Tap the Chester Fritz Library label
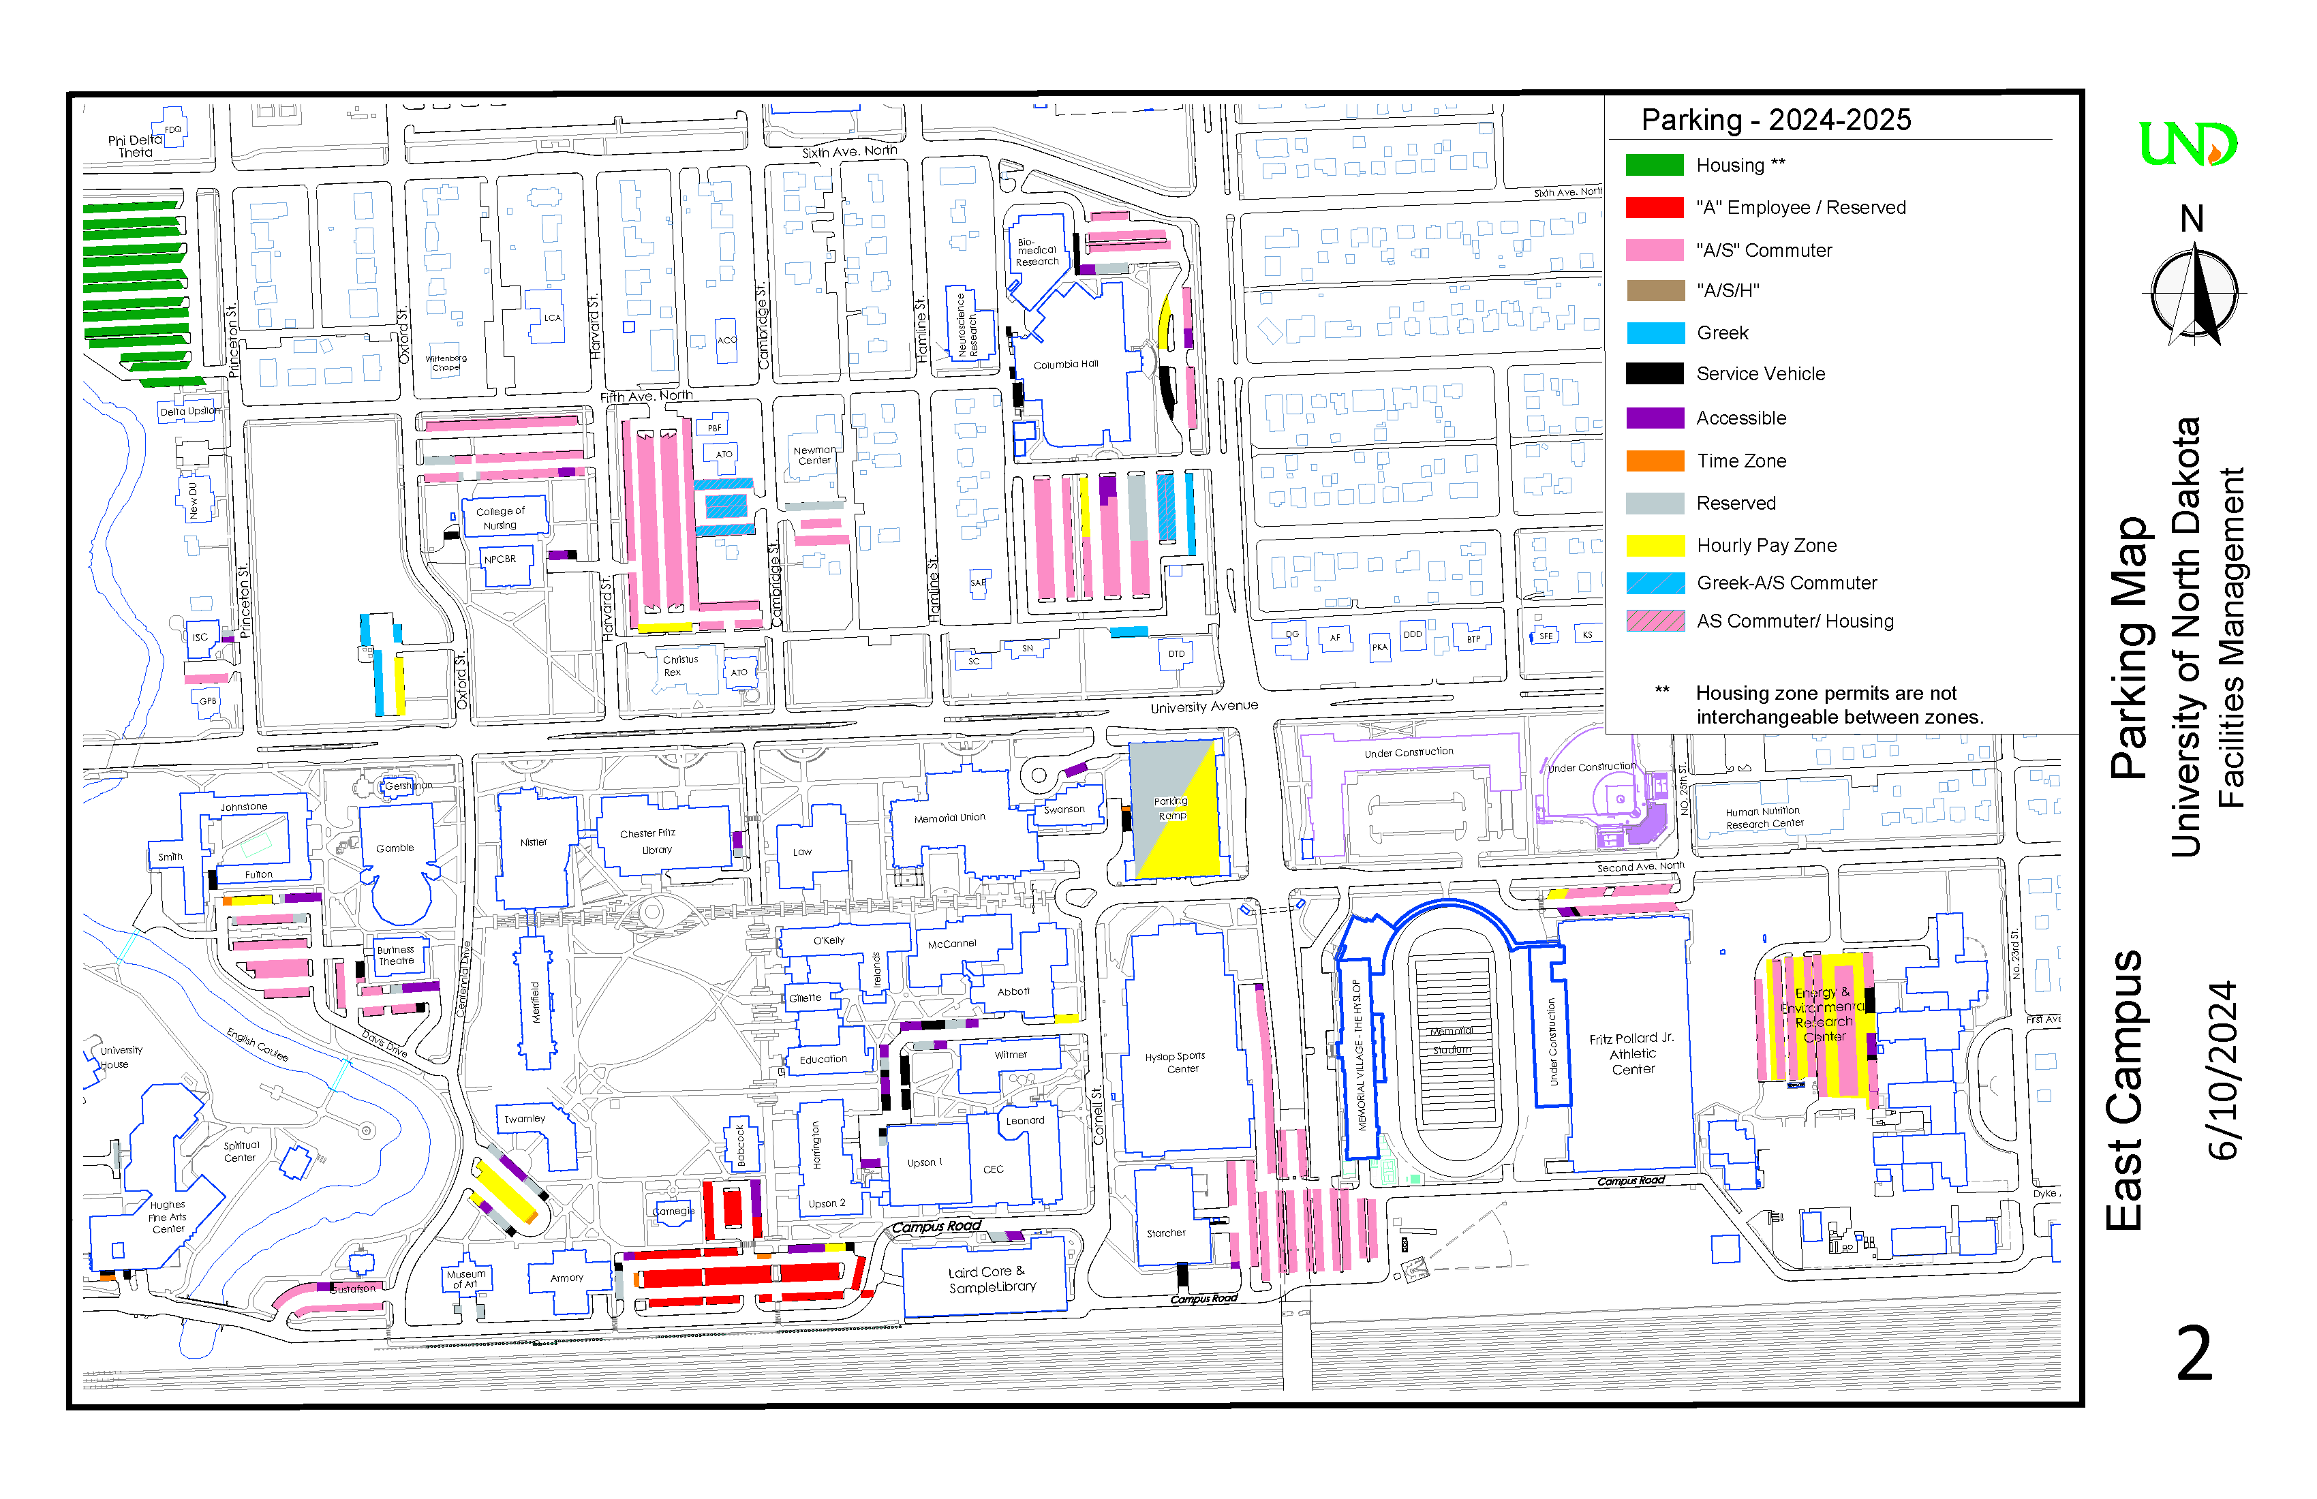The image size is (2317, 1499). pyautogui.click(x=648, y=841)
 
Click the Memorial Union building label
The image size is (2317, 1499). pyautogui.click(x=949, y=818)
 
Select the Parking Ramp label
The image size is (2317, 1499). pyautogui.click(x=1171, y=809)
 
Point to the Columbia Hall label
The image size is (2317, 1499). pyautogui.click(x=1065, y=364)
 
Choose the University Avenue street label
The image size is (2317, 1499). pyautogui.click(x=1203, y=707)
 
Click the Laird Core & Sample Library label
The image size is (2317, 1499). pyautogui.click(x=992, y=1279)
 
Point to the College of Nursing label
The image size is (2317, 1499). pyautogui.click(x=500, y=518)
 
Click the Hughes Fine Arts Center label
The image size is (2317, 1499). pyautogui.click(x=168, y=1217)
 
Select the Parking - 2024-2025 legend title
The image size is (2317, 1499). pyautogui.click(x=1776, y=120)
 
